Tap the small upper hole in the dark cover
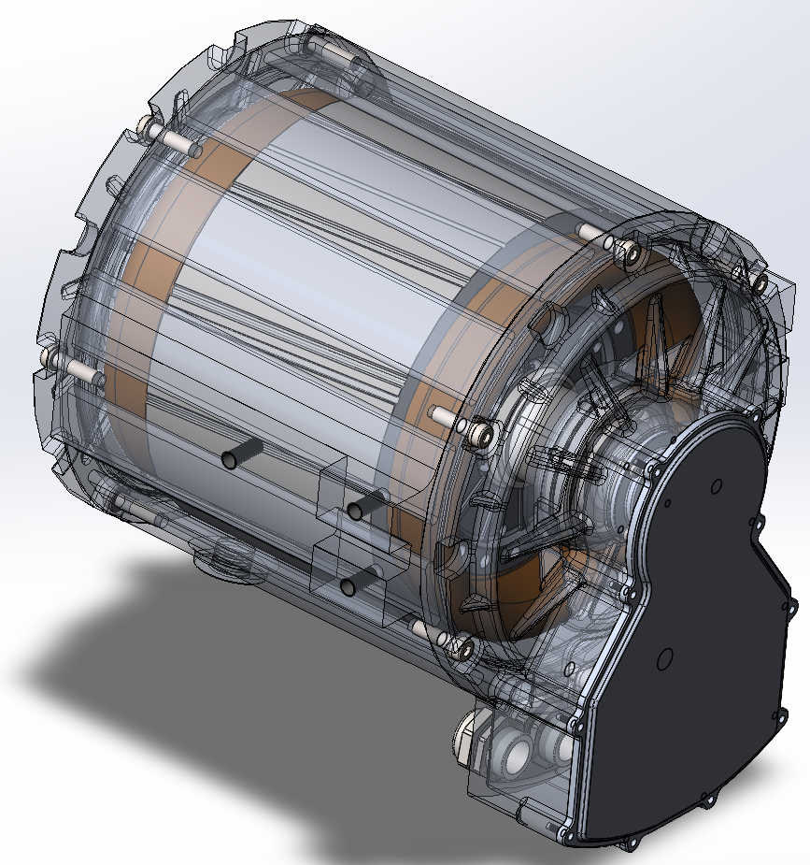(717, 484)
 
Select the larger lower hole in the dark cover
(664, 660)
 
